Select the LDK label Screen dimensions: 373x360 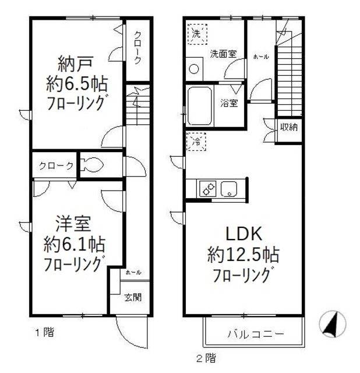pos(243,235)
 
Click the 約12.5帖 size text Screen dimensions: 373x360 pos(243,255)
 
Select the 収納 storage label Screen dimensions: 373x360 pos(289,126)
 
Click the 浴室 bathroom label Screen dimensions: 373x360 pos(229,104)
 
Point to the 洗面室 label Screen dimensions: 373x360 pos(224,54)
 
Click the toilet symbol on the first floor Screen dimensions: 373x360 pos(91,166)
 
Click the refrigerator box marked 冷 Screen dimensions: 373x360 pos(196,141)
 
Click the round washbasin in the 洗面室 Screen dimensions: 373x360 pos(193,68)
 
